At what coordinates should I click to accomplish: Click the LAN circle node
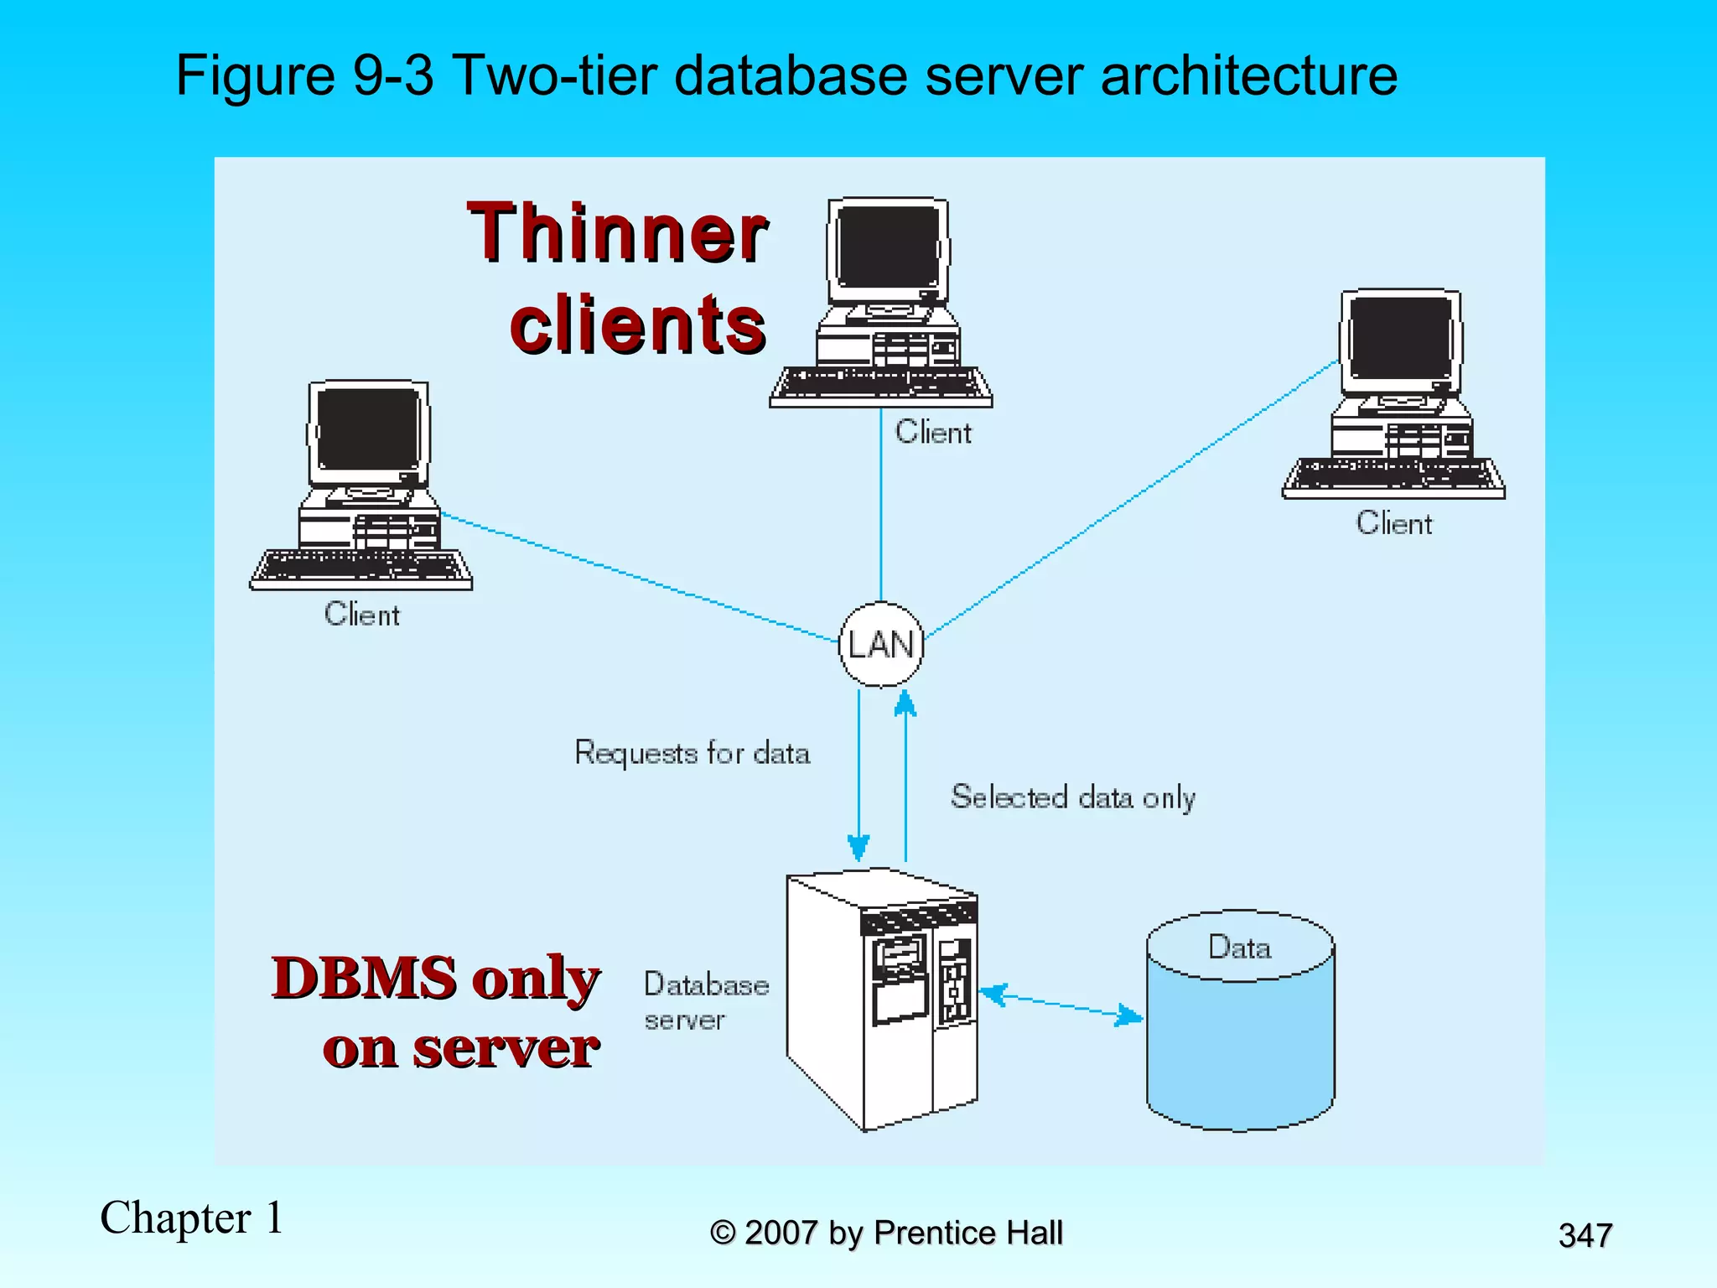[x=880, y=644]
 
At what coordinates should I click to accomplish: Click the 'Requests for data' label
[x=692, y=753]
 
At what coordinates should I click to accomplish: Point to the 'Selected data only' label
[x=1072, y=797]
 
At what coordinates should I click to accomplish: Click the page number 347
[x=1585, y=1235]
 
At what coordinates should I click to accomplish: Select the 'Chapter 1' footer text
[x=192, y=1218]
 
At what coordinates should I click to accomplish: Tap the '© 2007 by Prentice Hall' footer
[x=886, y=1233]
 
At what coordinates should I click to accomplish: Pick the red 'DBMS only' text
[x=436, y=979]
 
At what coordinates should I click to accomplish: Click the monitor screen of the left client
[x=369, y=429]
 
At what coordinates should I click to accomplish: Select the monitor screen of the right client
[x=1401, y=339]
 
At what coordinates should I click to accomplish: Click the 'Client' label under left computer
[x=362, y=615]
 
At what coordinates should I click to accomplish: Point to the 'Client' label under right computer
[x=1394, y=523]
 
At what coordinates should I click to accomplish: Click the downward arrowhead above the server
[x=858, y=847]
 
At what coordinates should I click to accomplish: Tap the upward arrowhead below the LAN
[x=905, y=703]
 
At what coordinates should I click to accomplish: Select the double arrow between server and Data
[x=1061, y=1005]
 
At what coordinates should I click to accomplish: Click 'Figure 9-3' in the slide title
[x=304, y=75]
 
